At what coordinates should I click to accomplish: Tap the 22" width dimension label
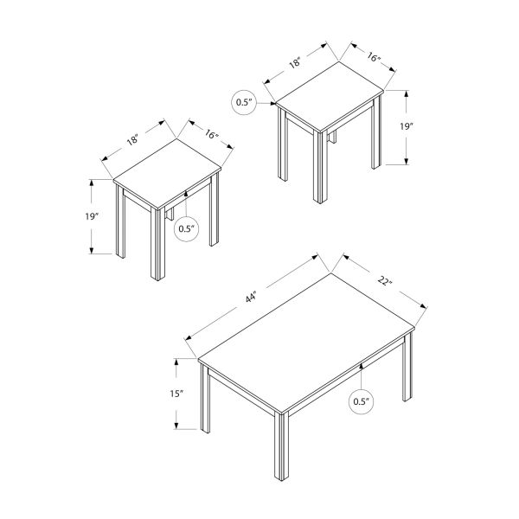click(x=385, y=281)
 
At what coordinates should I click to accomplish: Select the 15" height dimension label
click(x=176, y=394)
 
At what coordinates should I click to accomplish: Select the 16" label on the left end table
click(x=210, y=137)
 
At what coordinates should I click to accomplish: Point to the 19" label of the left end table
click(x=93, y=217)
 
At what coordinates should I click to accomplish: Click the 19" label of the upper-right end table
click(x=407, y=127)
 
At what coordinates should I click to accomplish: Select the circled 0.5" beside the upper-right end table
click(x=244, y=102)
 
